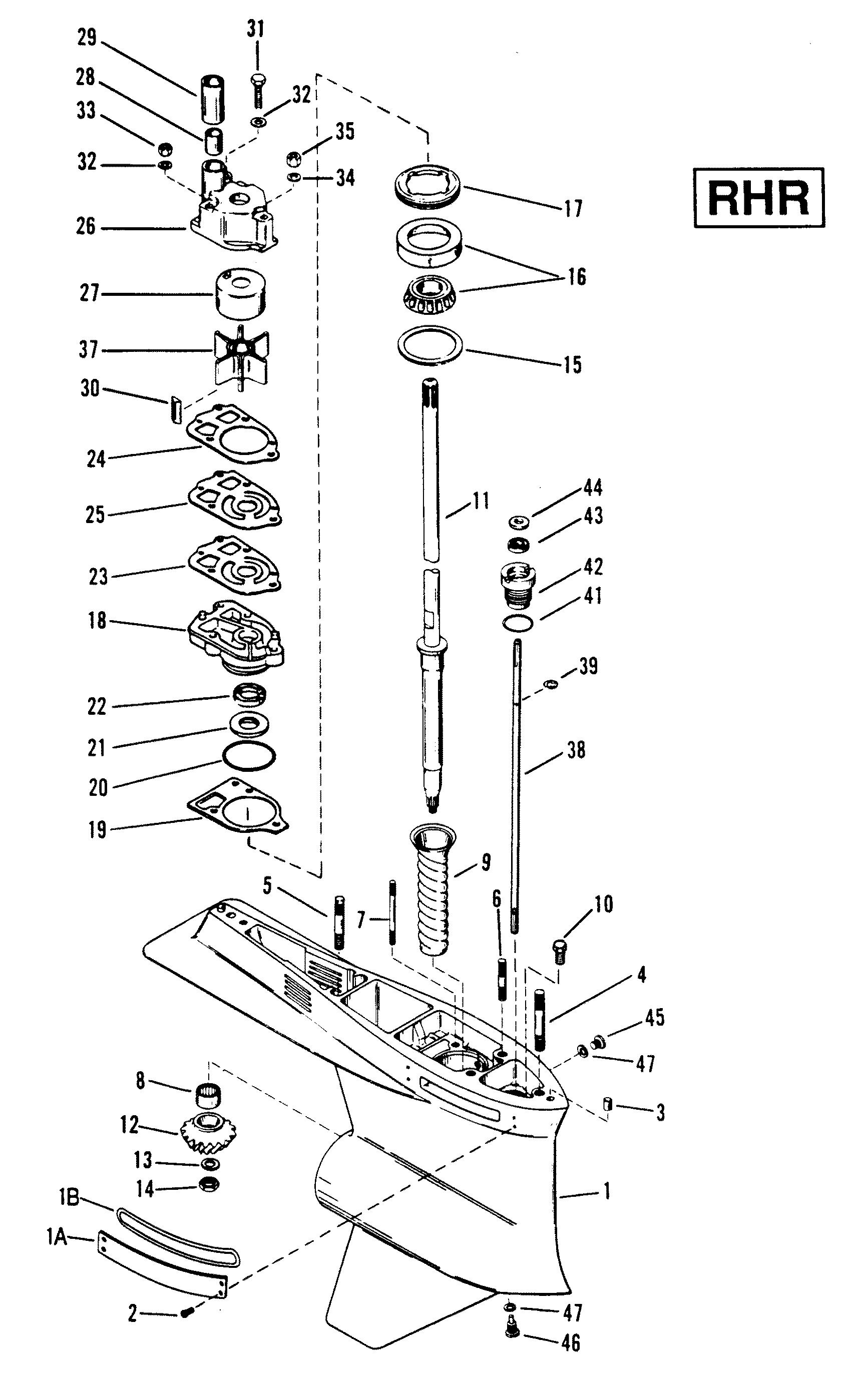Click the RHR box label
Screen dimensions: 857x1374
pyautogui.click(x=759, y=198)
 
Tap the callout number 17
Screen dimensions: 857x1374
pyautogui.click(x=573, y=209)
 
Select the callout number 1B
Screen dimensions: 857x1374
pyautogui.click(x=69, y=1199)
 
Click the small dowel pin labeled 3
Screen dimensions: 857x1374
pyautogui.click(x=607, y=1104)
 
